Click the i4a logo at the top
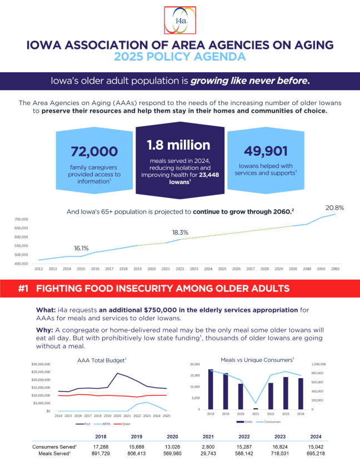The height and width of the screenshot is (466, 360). pyautogui.click(x=180, y=21)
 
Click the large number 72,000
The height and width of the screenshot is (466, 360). pyautogui.click(x=94, y=151)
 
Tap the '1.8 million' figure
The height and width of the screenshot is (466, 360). pyautogui.click(x=179, y=145)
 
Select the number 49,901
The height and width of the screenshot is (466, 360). pyautogui.click(x=265, y=151)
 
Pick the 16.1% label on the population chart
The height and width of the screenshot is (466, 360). pyautogui.click(x=82, y=249)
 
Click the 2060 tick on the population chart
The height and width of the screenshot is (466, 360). pyautogui.click(x=335, y=269)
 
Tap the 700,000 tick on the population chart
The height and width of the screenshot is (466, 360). pyautogui.click(x=21, y=220)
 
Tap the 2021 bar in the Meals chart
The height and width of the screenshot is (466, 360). pyautogui.click(x=256, y=408)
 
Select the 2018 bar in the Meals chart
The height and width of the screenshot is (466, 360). pyautogui.click(x=211, y=389)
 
